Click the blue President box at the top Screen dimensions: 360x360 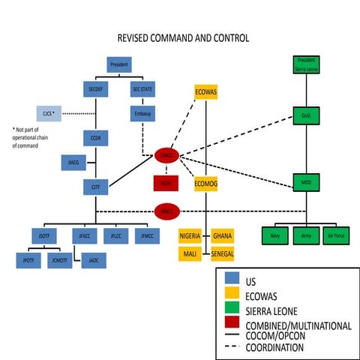[118, 64]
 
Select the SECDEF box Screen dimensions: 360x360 [95, 89]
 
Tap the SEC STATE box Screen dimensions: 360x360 [142, 89]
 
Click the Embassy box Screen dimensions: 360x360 [142, 115]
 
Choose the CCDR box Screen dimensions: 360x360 [95, 139]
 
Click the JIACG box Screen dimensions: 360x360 [72, 163]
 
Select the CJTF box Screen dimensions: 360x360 [95, 187]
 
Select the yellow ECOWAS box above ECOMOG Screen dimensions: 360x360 [205, 91]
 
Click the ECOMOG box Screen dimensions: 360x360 [205, 183]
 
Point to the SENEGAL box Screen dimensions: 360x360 [222, 253]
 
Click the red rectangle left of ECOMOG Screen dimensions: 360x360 [166, 183]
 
